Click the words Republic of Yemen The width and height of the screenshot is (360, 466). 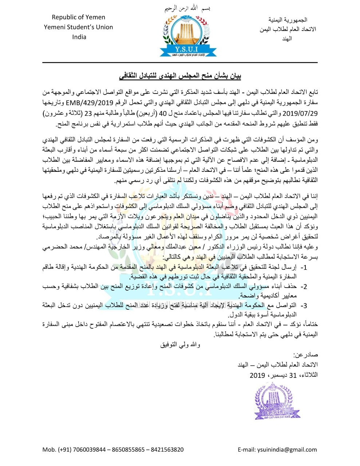pos(78,17)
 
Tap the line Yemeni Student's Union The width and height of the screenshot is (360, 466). pos(78,27)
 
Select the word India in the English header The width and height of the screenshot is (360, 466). pos(79,37)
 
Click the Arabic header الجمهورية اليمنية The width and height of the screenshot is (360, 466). pos(288,20)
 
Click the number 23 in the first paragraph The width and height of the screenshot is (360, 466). pos(90,113)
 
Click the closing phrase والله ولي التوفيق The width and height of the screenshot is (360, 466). pos(180,344)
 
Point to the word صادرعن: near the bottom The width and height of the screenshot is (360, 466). pos(305,355)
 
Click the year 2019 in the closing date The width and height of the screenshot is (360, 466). pos(257,375)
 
